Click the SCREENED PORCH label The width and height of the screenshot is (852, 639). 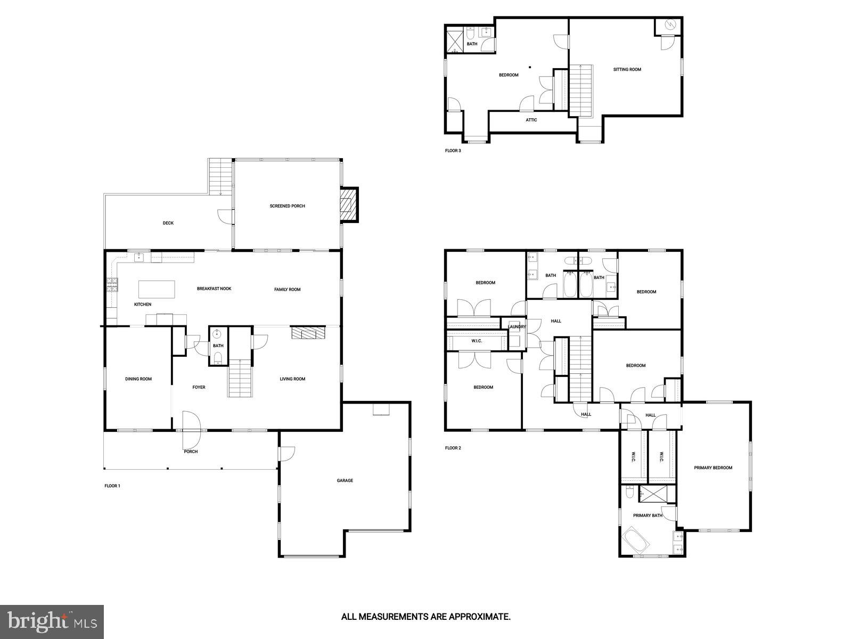(287, 206)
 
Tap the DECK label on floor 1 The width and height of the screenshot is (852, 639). (168, 223)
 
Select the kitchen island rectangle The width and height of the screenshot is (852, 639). (157, 289)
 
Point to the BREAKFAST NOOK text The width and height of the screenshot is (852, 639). (214, 289)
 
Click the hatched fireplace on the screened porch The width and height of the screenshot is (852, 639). (349, 205)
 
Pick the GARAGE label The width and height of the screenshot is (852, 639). (345, 481)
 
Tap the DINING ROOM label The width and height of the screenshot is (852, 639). (138, 379)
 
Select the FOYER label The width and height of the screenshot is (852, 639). (199, 387)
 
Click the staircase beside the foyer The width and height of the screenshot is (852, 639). (240, 378)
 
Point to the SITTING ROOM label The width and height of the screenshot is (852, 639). (627, 69)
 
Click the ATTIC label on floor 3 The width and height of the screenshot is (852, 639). (531, 120)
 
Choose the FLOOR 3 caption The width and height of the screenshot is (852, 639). (453, 151)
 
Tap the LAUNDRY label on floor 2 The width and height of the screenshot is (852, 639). (517, 327)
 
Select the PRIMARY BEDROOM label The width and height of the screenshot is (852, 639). (713, 468)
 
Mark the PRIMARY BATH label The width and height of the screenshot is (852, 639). (648, 515)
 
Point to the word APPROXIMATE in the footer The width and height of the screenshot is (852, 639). (480, 618)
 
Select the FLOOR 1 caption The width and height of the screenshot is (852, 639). (112, 486)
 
